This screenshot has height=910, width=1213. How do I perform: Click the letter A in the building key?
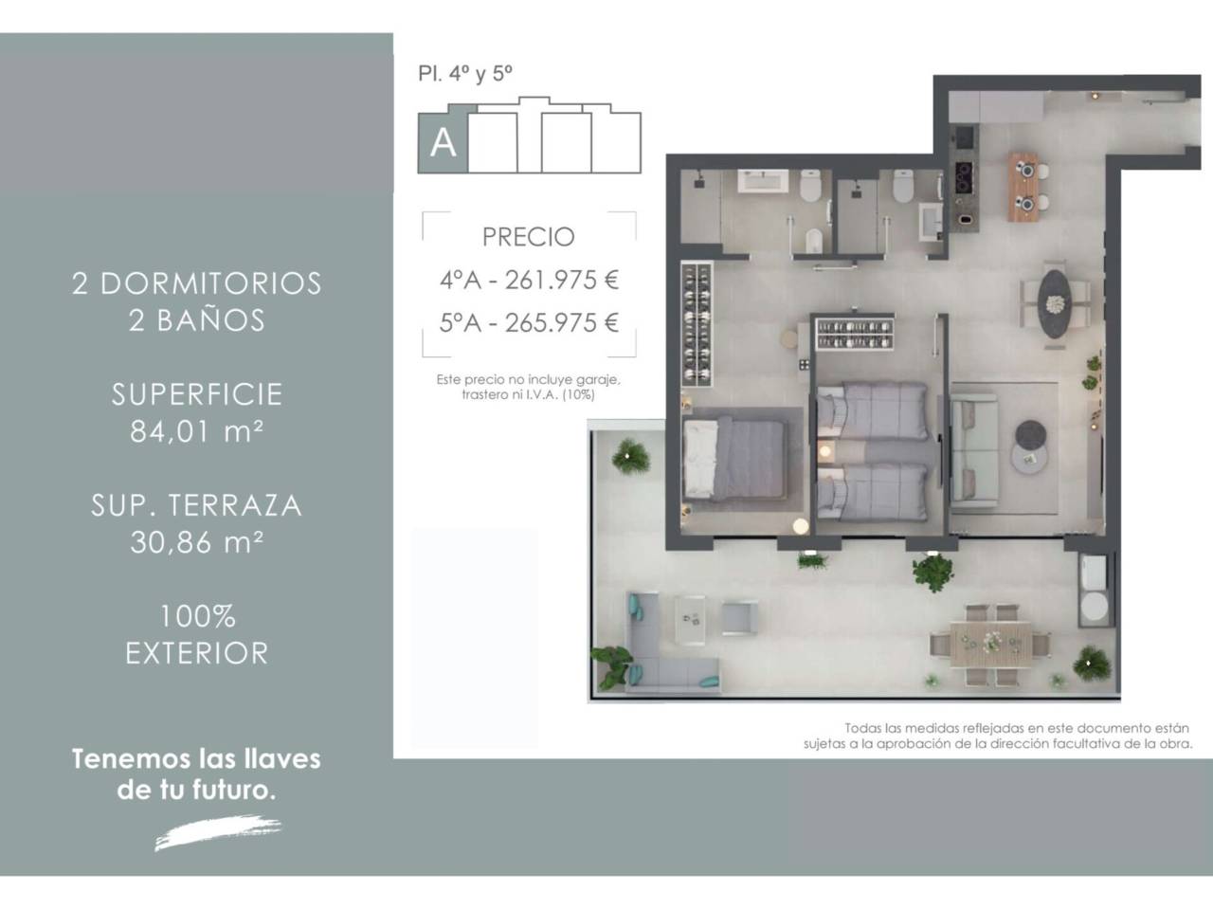coord(443,144)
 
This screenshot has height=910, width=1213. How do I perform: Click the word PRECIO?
coord(528,237)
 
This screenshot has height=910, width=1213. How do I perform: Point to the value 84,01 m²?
coord(197,431)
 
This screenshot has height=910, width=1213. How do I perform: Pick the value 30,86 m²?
coord(197,542)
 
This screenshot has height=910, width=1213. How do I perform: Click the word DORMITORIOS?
coord(211,283)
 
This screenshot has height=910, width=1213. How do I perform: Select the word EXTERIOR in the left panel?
coord(197,653)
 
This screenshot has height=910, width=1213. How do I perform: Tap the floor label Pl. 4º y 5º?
coord(465,74)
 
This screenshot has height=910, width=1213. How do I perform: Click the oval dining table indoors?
coord(1055,303)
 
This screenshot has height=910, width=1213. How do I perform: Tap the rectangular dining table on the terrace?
coord(991,645)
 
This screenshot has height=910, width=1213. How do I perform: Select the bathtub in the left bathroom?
coord(763,181)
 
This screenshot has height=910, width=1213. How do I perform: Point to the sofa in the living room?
coord(973,450)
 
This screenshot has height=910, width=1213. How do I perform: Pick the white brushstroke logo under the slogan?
coord(218,831)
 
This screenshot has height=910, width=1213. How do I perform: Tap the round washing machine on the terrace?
coord(1095,606)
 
